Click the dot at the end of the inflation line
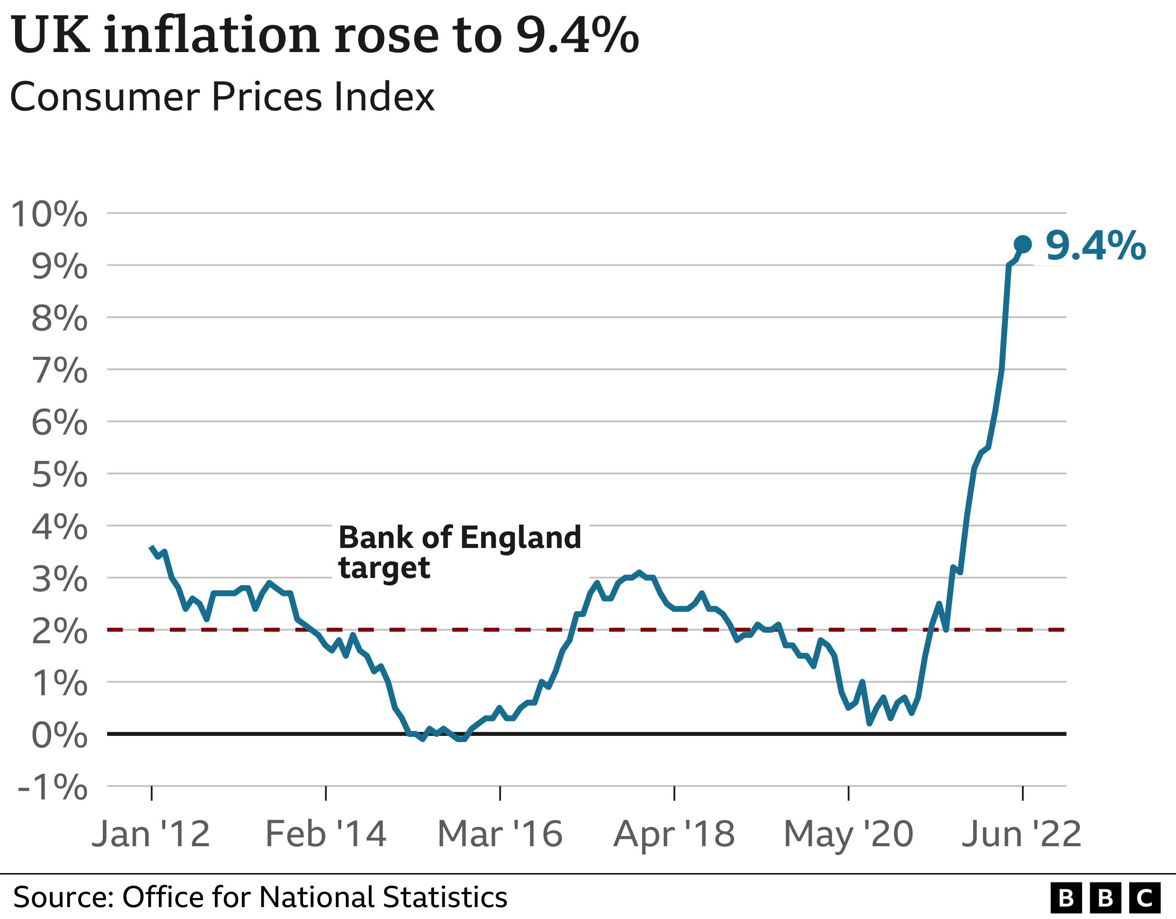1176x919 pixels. coord(1022,244)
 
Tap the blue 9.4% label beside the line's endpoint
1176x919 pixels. coord(1095,246)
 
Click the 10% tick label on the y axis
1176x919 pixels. coord(49,214)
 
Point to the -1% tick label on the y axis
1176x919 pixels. coord(53,788)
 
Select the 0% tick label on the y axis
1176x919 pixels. coord(59,735)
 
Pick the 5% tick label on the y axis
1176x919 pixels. coord(59,475)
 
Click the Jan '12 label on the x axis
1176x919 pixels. coord(151,834)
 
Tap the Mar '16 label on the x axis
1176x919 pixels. coord(500,834)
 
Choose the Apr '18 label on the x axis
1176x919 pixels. coord(674,834)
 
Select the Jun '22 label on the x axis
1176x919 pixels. coord(1022,834)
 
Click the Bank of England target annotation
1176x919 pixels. coord(459,552)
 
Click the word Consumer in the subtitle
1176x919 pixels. coord(105,98)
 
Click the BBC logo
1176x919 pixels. coord(1105,898)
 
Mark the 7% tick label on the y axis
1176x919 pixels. coord(59,371)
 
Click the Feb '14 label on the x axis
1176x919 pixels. coord(326,834)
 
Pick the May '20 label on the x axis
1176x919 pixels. coord(848,834)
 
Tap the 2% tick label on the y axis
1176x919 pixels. coord(59,631)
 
